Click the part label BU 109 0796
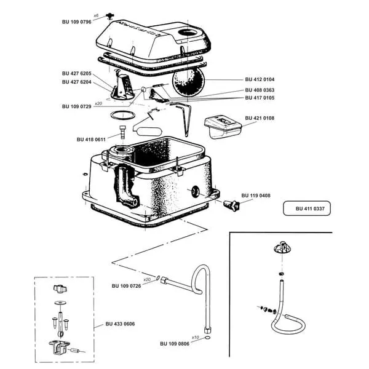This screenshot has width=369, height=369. click(x=76, y=22)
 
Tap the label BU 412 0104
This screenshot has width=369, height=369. click(x=260, y=79)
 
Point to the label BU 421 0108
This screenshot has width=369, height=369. click(x=260, y=118)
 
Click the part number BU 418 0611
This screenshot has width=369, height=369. click(x=91, y=140)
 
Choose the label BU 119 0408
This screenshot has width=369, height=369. click(x=256, y=196)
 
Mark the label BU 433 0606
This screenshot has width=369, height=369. click(x=120, y=324)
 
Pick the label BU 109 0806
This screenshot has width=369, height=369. click(x=175, y=344)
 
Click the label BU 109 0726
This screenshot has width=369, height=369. click(x=126, y=286)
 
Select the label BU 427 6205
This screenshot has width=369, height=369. click(x=76, y=73)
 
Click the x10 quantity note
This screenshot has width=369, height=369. click(x=196, y=338)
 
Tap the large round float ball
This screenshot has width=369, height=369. click(x=188, y=81)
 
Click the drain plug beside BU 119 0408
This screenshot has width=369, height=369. click(x=231, y=205)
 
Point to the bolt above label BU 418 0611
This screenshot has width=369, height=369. click(x=122, y=132)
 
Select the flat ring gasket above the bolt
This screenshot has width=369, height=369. click(x=123, y=115)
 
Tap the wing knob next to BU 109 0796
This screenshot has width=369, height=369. click(x=109, y=16)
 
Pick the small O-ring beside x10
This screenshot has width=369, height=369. click(x=208, y=338)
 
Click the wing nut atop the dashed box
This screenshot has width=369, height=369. click(x=60, y=288)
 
